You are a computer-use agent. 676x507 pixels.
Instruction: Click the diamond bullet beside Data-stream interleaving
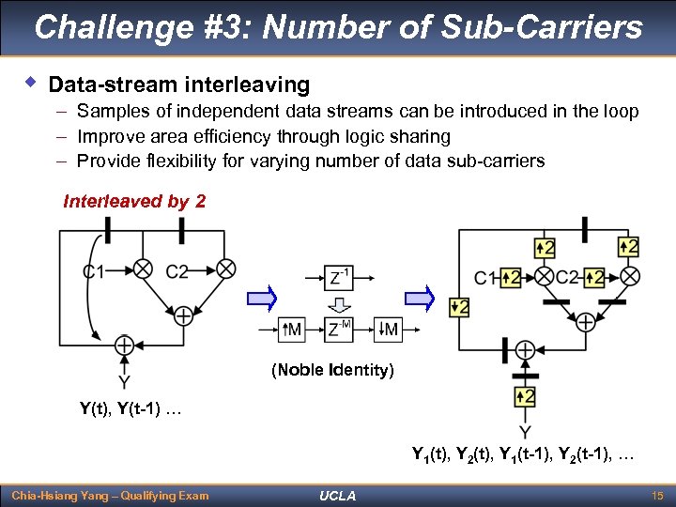click(30, 84)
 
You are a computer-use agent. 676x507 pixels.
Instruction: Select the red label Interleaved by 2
click(134, 201)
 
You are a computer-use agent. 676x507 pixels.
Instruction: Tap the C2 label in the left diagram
click(177, 272)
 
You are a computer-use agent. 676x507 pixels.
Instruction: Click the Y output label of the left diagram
click(123, 382)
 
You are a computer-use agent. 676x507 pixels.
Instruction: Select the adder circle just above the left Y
click(123, 346)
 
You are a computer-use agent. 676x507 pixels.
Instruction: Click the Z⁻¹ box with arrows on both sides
click(339, 277)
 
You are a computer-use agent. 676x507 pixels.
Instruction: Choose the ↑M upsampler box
click(293, 330)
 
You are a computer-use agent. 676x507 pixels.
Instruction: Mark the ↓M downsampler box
click(386, 330)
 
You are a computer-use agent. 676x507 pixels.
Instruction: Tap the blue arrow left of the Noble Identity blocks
click(263, 300)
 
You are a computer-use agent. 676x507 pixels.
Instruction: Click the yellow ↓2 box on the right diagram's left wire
click(459, 307)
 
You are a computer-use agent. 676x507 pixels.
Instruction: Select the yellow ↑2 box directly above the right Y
click(525, 396)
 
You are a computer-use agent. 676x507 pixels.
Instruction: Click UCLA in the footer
click(337, 495)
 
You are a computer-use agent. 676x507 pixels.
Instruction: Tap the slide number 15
click(657, 495)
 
